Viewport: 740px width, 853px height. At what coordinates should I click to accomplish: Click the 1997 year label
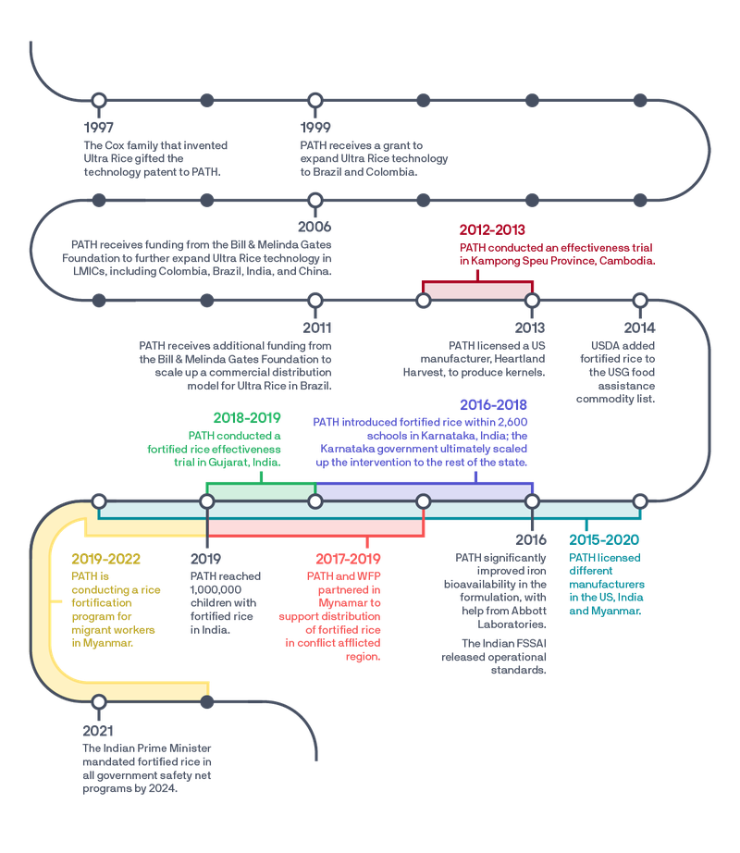click(100, 127)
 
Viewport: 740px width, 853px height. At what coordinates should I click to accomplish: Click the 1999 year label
click(315, 127)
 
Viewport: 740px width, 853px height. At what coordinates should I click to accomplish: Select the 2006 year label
click(314, 227)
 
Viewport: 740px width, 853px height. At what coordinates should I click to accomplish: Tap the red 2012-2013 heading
click(494, 228)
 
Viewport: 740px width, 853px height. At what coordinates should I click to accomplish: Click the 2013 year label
click(531, 328)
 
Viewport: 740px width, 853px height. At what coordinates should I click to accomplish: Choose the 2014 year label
click(639, 328)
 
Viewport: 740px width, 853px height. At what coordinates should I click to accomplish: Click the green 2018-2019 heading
click(247, 417)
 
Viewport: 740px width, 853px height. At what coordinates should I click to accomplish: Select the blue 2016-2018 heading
click(494, 404)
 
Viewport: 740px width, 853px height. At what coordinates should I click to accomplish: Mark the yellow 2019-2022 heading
click(106, 559)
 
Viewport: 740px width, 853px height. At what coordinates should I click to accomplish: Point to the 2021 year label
click(100, 731)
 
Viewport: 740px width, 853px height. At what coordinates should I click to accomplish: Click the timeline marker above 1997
click(99, 99)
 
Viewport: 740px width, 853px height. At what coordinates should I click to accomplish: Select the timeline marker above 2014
click(639, 300)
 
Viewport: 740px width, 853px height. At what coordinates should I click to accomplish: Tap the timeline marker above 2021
click(99, 703)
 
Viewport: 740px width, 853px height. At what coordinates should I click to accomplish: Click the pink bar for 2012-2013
click(476, 290)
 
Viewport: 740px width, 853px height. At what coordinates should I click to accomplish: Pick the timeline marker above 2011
click(315, 300)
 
